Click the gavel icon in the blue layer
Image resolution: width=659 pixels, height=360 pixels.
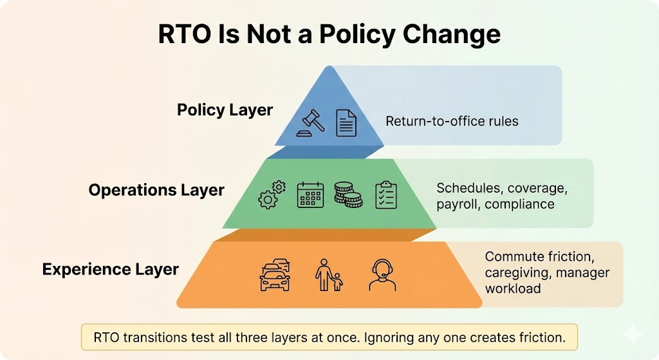click(x=311, y=122)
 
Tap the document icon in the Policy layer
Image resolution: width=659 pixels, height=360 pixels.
click(x=346, y=122)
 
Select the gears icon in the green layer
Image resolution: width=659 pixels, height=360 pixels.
click(x=272, y=194)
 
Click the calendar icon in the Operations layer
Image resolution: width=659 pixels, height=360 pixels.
click(x=310, y=194)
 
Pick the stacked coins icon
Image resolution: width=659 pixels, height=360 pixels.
click(x=348, y=194)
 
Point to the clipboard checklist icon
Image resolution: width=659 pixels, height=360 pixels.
click(x=386, y=194)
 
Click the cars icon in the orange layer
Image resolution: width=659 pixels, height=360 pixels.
click(x=275, y=275)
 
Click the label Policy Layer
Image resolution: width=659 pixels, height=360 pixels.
click(x=225, y=110)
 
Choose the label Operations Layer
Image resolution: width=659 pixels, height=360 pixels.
click(x=156, y=191)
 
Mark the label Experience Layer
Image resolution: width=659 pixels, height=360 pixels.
click(x=111, y=269)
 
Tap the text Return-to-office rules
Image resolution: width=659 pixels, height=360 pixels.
click(x=452, y=120)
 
